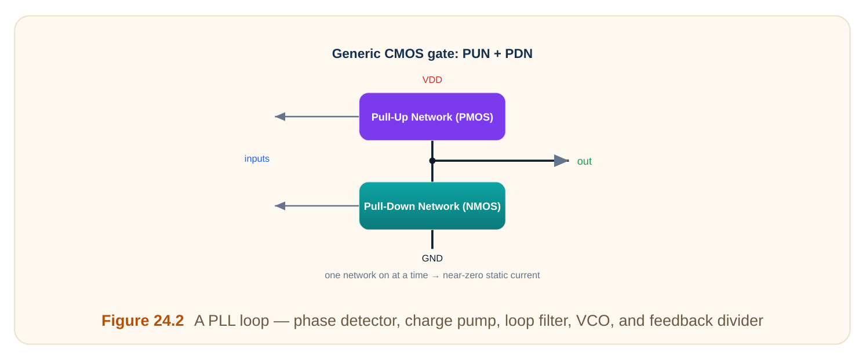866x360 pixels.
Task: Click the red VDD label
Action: pyautogui.click(x=432, y=80)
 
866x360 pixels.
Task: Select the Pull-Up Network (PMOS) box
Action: pyautogui.click(x=432, y=117)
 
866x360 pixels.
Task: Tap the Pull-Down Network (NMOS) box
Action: pyautogui.click(x=432, y=206)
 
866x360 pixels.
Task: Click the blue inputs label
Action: pyautogui.click(x=257, y=158)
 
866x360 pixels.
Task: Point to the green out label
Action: pyautogui.click(x=584, y=161)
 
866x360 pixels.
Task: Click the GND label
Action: pyautogui.click(x=432, y=259)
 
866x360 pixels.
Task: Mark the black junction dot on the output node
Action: pyautogui.click(x=432, y=161)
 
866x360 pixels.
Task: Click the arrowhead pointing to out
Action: pyautogui.click(x=561, y=161)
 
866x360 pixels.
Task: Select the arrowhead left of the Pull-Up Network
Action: pyautogui.click(x=280, y=117)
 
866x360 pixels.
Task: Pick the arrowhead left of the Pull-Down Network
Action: pyautogui.click(x=280, y=206)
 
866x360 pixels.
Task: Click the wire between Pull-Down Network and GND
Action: pyautogui.click(x=432, y=239)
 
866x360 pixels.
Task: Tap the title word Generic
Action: pyautogui.click(x=356, y=54)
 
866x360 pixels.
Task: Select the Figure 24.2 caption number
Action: pyautogui.click(x=143, y=321)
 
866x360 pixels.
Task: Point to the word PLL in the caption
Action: pyautogui.click(x=222, y=321)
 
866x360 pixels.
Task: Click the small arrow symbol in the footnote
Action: pyautogui.click(x=435, y=276)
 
